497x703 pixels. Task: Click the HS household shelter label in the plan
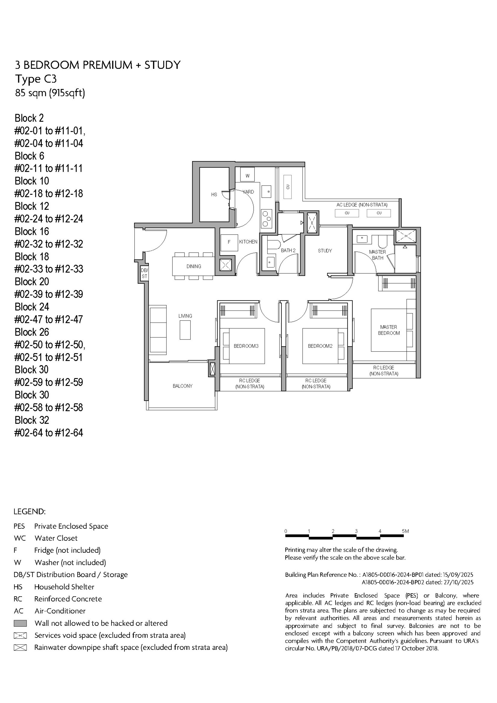pos(214,194)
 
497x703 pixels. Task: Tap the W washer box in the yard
pos(247,175)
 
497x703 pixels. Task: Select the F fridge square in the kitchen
pos(229,242)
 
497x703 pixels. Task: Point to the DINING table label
pos(194,267)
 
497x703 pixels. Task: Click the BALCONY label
pos(182,386)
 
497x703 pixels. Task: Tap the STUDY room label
pos(325,251)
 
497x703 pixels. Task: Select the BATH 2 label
pos(288,250)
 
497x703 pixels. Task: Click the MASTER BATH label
pos(377,255)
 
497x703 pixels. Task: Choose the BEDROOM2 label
pos(320,346)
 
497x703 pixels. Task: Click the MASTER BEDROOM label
pos(389,330)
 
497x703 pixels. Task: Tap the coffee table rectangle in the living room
pos(185,330)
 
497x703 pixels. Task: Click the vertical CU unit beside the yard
pos(287,187)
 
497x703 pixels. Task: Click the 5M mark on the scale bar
pos(405,531)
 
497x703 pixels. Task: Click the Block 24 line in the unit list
pos(32,307)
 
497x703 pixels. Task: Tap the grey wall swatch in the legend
pos(20,623)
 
